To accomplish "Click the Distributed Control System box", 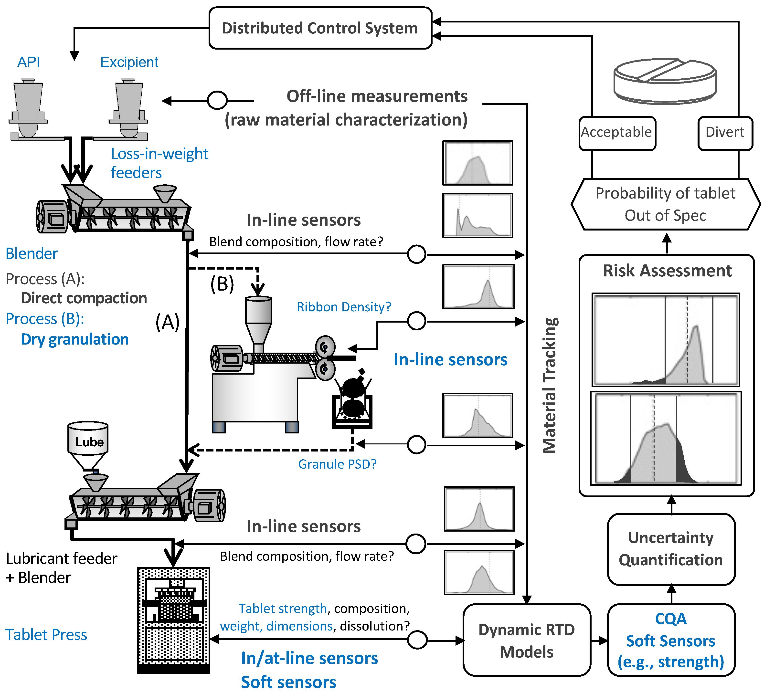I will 320,28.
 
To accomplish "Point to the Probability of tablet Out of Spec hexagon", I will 666,204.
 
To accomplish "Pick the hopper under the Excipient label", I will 129,108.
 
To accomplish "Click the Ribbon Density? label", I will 344,307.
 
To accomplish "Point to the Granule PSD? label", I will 337,464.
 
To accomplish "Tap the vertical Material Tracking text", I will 550,385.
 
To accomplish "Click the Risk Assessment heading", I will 667,271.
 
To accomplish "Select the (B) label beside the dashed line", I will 222,284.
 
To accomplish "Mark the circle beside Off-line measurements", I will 217,100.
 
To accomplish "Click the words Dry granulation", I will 75,339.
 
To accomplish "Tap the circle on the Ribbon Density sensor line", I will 416,321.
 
